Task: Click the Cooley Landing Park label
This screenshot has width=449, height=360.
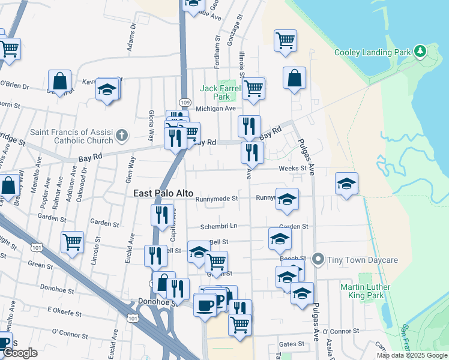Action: point(372,52)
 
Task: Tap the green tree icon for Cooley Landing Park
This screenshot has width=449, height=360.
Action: point(421,51)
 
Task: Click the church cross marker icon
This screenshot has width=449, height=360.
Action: point(123,134)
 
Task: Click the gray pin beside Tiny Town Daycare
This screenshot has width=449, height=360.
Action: point(318,260)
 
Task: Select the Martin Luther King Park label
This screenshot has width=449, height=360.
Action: point(365,292)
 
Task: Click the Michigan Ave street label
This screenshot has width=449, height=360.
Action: point(217,109)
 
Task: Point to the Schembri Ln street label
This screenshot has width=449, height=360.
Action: point(218,226)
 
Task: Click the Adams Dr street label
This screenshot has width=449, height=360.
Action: point(132,41)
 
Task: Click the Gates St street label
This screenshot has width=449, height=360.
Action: point(292,344)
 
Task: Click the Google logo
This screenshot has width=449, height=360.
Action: point(20,353)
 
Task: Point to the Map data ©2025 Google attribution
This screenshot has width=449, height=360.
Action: point(411,355)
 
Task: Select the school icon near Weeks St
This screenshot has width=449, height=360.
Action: point(346,184)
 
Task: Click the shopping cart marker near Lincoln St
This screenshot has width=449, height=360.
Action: point(72,242)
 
